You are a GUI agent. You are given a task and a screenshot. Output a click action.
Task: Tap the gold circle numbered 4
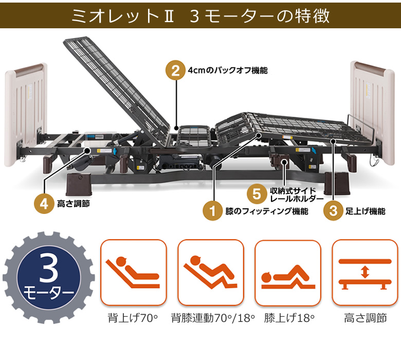[x=44, y=204]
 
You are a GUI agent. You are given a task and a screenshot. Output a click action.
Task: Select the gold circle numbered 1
[x=212, y=211]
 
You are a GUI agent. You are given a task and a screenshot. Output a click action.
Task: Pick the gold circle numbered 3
[x=333, y=211]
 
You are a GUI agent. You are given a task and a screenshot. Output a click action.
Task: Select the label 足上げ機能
[x=365, y=211]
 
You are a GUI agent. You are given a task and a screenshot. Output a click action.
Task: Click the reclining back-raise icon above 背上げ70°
[x=133, y=272]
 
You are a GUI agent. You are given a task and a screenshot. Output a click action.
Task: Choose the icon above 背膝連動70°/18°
[x=210, y=272]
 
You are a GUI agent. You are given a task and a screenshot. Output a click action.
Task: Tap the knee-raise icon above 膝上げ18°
[x=287, y=272]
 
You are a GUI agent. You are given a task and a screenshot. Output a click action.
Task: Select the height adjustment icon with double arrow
[x=364, y=272]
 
